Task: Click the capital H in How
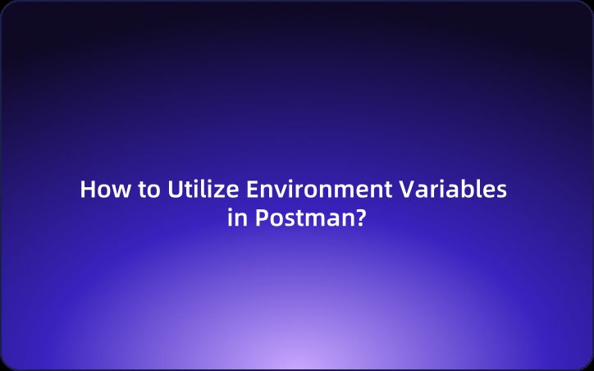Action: pos(88,190)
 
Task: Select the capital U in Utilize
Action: pos(175,190)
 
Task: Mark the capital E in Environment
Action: pos(254,190)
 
